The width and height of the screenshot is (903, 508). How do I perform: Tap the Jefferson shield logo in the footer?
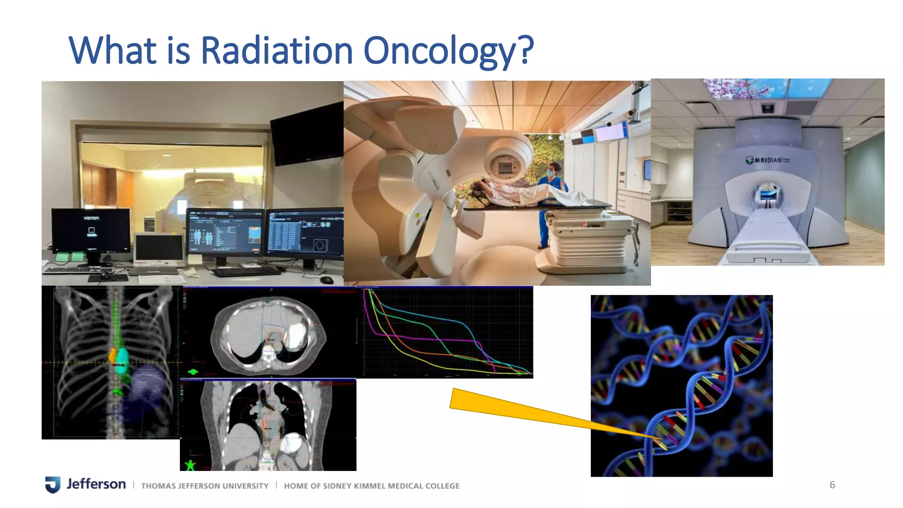point(52,484)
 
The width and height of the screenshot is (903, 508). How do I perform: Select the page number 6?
point(832,485)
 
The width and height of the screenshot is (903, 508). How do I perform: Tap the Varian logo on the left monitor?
point(91,218)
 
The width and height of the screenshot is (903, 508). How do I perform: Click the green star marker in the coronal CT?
point(190,465)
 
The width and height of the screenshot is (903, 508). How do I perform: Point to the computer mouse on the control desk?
point(326,280)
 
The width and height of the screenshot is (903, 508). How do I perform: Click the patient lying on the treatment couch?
point(520,193)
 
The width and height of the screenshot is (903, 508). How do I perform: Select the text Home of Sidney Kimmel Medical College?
point(371,486)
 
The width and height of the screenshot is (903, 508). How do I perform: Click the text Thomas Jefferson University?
point(205,486)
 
